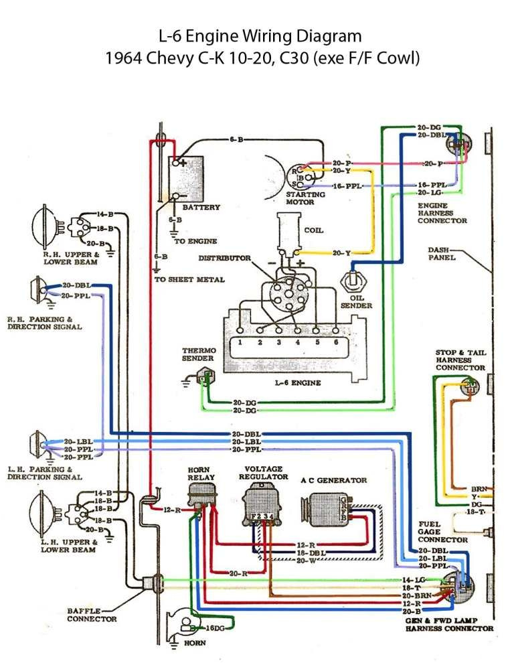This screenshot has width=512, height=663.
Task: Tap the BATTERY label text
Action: click(201, 208)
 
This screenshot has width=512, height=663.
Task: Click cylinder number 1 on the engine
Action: click(238, 342)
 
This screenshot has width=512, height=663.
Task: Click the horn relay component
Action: click(201, 497)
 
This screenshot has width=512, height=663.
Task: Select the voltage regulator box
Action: click(258, 504)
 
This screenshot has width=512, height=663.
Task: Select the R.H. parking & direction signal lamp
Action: click(35, 290)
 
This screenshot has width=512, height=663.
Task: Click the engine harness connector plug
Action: click(460, 145)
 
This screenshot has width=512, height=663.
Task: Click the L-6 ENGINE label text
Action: click(298, 383)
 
